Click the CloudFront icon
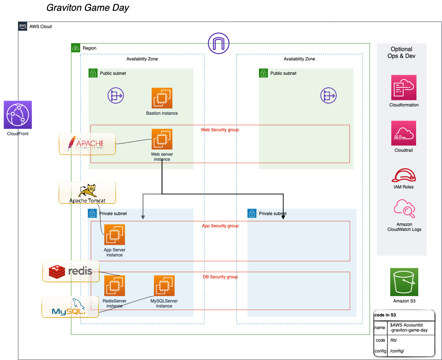click(18, 115)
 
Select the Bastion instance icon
click(162, 98)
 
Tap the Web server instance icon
click(162, 139)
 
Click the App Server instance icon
click(114, 235)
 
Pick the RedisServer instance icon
click(114, 286)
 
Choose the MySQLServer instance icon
click(164, 286)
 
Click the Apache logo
click(87, 144)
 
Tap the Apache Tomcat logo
click(87, 193)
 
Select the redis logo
click(70, 271)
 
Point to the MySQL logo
click(70, 307)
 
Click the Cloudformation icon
click(404, 87)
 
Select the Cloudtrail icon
click(404, 133)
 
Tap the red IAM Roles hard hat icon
click(404, 175)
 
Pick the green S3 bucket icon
click(404, 282)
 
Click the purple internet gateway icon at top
click(218, 44)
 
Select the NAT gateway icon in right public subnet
click(328, 96)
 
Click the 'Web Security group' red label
click(220, 130)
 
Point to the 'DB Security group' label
click(220, 277)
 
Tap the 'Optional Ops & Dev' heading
click(401, 53)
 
